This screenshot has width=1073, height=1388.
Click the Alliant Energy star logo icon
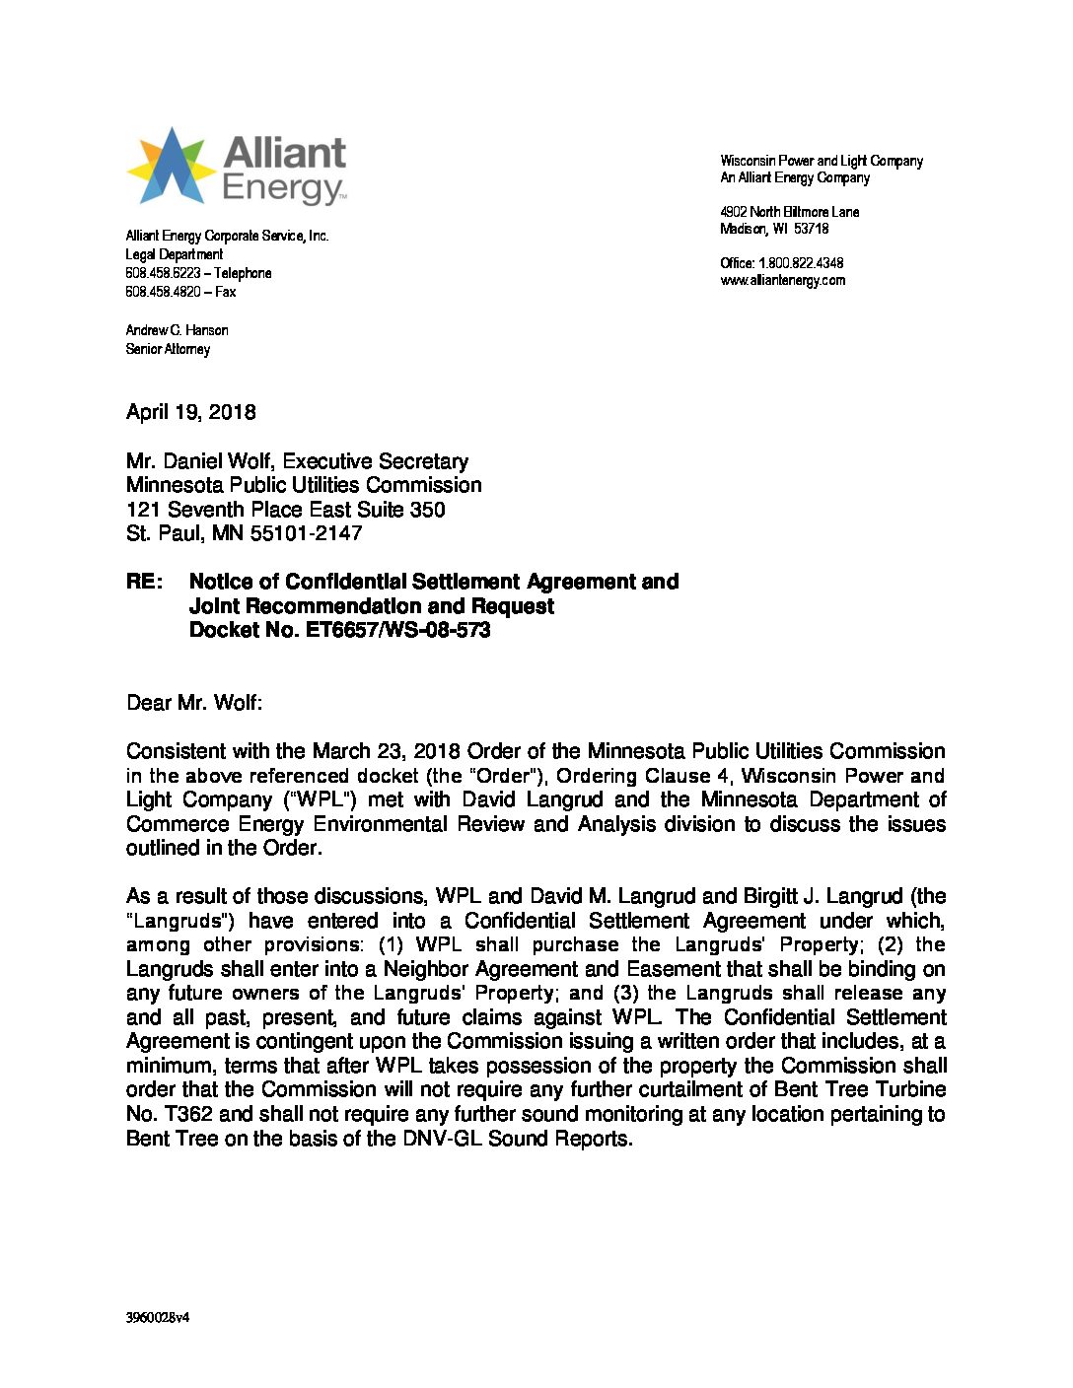[171, 166]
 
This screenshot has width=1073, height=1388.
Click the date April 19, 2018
[190, 412]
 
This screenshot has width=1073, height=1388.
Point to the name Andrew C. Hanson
[177, 330]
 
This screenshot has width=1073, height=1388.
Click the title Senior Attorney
[168, 349]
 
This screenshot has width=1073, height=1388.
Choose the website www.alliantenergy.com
[782, 280]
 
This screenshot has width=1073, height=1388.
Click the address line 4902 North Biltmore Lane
[789, 212]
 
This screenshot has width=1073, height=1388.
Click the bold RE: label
[144, 582]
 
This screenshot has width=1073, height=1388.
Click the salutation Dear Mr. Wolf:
[194, 703]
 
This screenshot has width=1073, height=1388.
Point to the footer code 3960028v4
[157, 1317]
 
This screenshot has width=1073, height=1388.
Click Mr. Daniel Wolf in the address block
[199, 461]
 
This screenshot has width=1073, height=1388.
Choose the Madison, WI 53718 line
[774, 229]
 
